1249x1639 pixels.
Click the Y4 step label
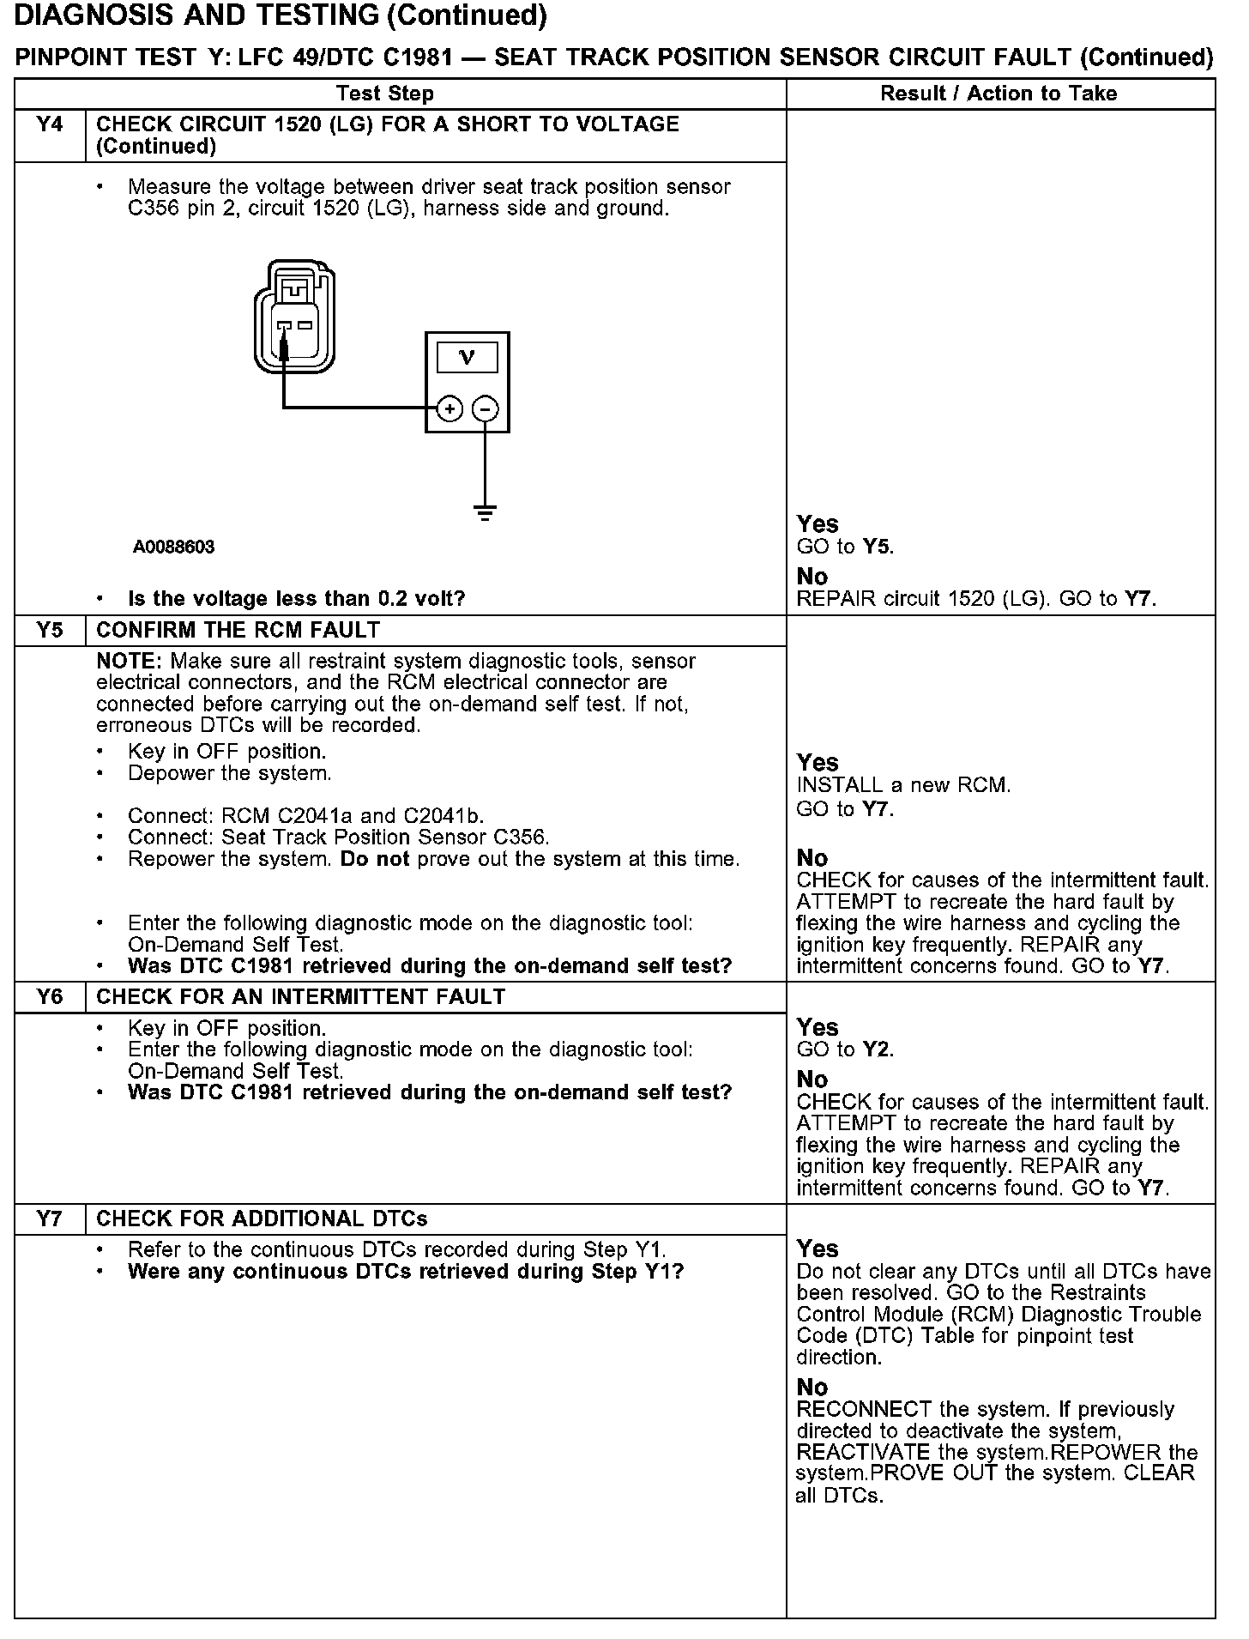click(51, 125)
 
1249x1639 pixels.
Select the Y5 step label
click(51, 631)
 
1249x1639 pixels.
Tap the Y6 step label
click(51, 997)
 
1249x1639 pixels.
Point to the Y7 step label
click(51, 1219)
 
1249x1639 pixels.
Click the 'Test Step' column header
click(385, 94)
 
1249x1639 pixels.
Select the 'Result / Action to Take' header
click(999, 94)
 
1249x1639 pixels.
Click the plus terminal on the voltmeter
click(450, 409)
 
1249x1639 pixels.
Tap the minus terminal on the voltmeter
click(486, 409)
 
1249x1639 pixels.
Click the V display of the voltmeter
click(467, 357)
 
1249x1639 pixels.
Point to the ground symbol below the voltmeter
click(486, 513)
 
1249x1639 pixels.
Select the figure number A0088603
click(173, 547)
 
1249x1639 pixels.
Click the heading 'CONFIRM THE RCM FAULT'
click(238, 631)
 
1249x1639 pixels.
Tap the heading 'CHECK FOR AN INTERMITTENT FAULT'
click(300, 997)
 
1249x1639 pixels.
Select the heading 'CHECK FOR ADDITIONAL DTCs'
click(262, 1219)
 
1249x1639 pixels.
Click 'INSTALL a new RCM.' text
click(903, 785)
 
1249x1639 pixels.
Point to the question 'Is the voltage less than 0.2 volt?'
click(296, 599)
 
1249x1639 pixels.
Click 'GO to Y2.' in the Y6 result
click(845, 1049)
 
